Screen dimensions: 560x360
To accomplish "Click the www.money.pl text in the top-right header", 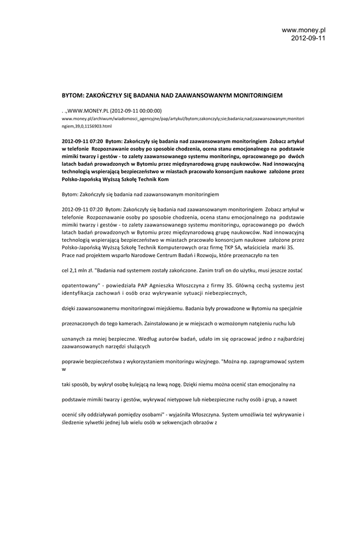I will tap(304, 30).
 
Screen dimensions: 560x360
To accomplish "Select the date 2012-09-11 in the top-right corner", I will tap(308, 38).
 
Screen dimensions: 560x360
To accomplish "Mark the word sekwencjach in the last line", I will tap(170, 422).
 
